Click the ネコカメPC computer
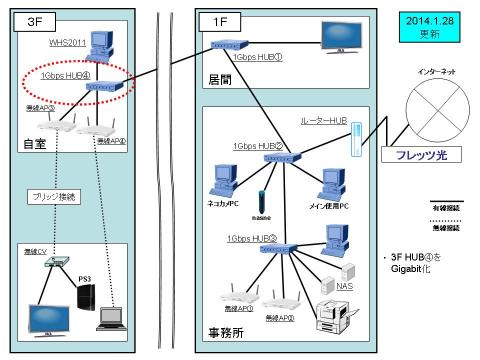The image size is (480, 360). coord(220,180)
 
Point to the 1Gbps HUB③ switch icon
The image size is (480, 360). coord(260,251)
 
